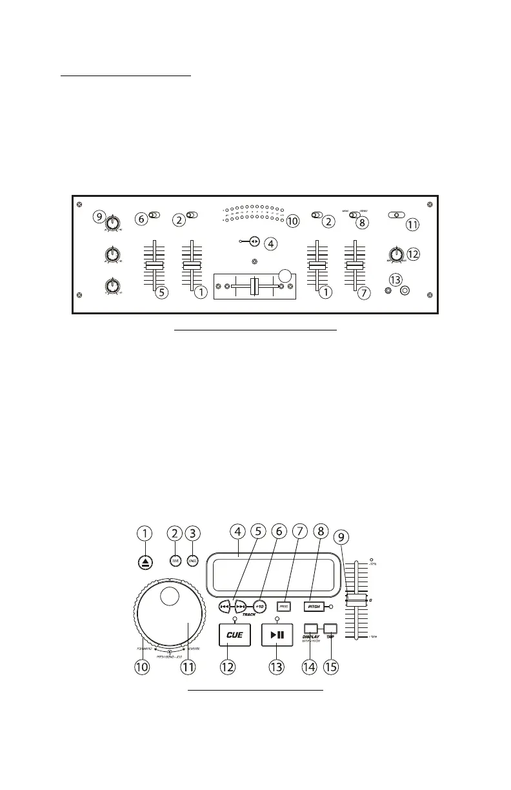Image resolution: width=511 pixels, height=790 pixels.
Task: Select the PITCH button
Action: click(314, 607)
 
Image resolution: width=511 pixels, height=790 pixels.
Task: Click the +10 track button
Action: click(261, 607)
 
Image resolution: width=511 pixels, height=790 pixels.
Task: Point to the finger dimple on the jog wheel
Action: click(170, 597)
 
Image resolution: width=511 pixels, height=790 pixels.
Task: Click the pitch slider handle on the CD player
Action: click(355, 601)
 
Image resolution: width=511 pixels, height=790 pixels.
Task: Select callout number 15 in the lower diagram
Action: click(330, 667)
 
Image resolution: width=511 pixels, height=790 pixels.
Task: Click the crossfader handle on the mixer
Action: click(254, 287)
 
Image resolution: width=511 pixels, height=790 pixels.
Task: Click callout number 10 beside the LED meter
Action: click(293, 221)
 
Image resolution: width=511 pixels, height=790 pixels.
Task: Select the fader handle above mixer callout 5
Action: click(154, 265)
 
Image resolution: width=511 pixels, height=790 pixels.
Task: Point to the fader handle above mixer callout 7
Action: click(354, 265)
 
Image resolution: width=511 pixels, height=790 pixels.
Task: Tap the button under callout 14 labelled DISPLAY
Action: click(311, 628)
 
